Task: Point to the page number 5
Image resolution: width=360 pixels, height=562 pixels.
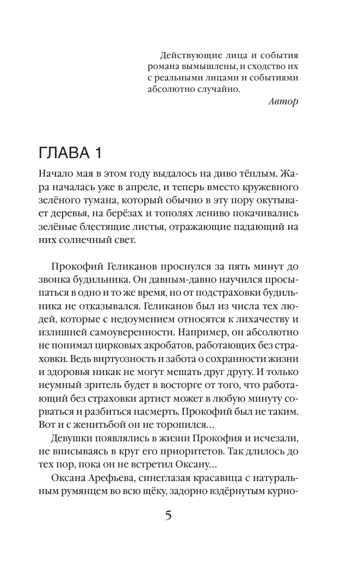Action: coord(169,515)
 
